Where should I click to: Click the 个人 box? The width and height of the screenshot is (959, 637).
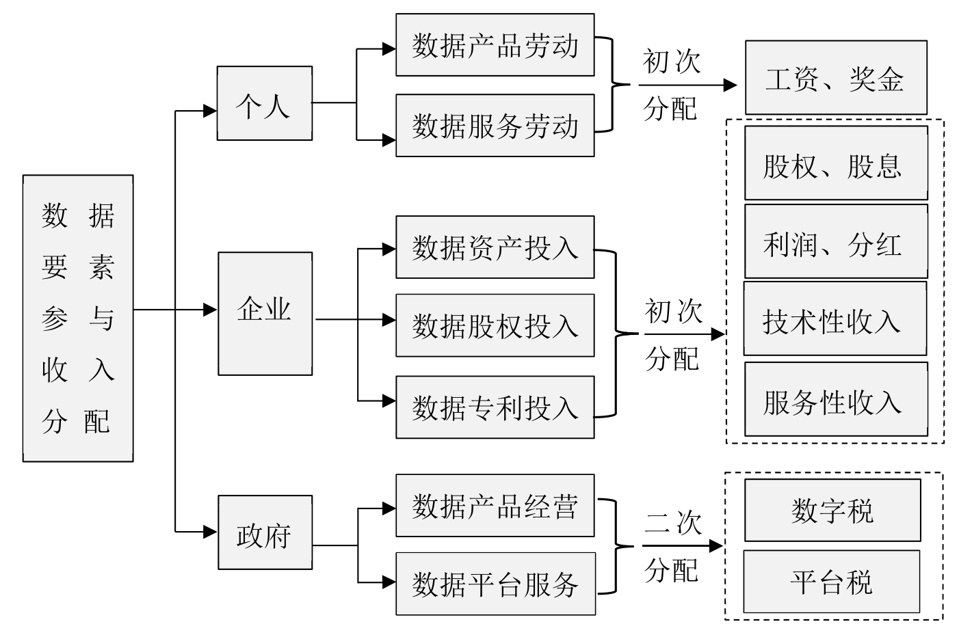point(264,103)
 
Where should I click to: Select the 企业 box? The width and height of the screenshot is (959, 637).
point(265,313)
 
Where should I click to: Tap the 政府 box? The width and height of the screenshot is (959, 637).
point(265,532)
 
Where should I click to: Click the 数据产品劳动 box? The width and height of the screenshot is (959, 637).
point(495,45)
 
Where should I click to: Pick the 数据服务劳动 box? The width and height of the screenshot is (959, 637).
point(495,126)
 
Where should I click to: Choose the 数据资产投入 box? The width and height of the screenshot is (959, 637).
point(495,247)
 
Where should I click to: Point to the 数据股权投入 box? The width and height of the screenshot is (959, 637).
point(495,325)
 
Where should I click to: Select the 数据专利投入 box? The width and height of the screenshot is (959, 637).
point(495,407)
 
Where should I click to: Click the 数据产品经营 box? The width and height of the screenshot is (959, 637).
point(495,506)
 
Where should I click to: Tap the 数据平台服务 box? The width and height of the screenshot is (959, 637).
point(495,584)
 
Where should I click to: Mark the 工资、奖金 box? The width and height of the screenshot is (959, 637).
point(835,78)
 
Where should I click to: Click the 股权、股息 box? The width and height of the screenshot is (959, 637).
point(835,163)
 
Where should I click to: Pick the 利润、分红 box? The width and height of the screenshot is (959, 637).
point(835,242)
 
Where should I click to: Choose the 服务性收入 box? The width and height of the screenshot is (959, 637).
point(835,400)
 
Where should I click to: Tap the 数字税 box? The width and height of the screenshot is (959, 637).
point(832,510)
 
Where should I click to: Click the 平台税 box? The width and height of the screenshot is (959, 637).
point(831,582)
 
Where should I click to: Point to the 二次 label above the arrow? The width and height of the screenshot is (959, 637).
point(673,523)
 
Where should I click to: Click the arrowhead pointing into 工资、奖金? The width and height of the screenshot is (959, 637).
point(731,85)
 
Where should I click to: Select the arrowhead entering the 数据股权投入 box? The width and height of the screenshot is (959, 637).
point(389,319)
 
